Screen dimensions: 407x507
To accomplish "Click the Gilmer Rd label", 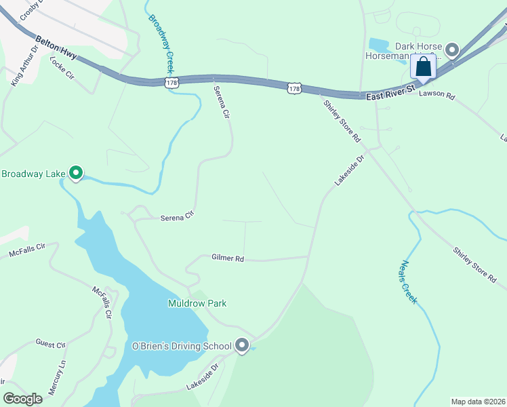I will (227, 258).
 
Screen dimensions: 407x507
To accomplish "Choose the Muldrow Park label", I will (197, 303).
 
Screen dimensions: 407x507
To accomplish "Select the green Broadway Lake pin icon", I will (76, 174).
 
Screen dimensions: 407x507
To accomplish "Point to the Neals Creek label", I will (408, 282).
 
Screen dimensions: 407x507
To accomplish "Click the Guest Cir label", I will (51, 345).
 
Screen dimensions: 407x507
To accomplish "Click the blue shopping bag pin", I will (424, 67).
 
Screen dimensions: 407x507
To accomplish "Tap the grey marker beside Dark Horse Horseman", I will (452, 50).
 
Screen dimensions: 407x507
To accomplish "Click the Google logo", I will (23, 399).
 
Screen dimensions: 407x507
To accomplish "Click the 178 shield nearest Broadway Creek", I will (171, 82).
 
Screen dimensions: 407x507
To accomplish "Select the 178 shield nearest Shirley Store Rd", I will (293, 89).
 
